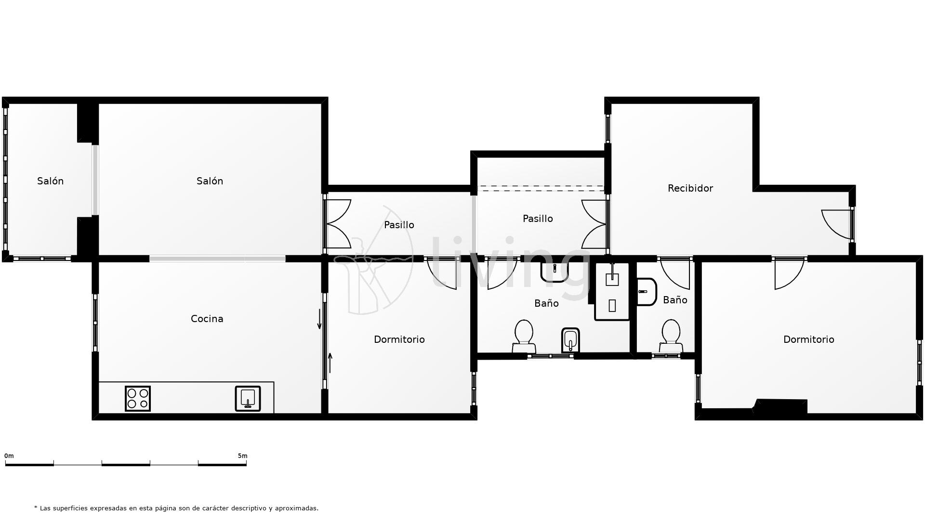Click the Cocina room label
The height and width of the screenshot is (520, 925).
click(x=207, y=319)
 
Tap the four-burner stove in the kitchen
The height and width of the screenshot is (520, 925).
click(x=138, y=398)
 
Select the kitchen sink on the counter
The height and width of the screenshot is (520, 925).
click(x=248, y=398)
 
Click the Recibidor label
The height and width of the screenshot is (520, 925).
click(x=690, y=188)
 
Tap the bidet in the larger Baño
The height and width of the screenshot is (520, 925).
click(x=570, y=340)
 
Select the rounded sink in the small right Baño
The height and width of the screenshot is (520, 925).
click(x=646, y=292)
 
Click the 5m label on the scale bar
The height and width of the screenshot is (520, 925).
click(x=242, y=455)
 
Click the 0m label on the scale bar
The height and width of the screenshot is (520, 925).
click(x=9, y=455)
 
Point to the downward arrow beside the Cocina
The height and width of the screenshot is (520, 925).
click(x=319, y=319)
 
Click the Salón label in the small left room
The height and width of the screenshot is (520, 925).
click(x=50, y=181)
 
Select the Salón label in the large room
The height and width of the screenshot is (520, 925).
click(x=210, y=181)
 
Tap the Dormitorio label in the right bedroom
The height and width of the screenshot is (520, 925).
click(x=808, y=339)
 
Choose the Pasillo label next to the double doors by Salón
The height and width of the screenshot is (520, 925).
click(x=399, y=225)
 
